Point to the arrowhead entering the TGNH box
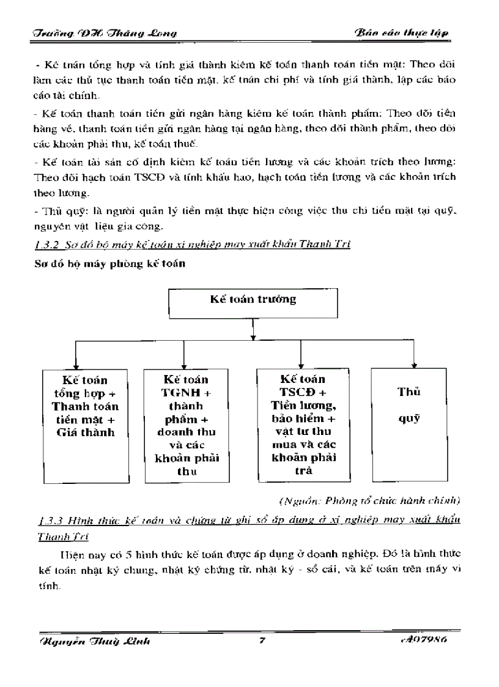[x=185, y=364]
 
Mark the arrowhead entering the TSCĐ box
[x=300, y=364]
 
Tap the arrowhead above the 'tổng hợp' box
[x=75, y=365]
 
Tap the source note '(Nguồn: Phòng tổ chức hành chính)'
[x=369, y=502]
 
